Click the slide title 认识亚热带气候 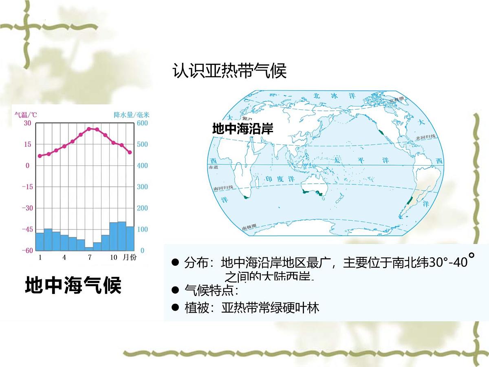[x=229, y=71]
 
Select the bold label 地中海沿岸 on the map [x=242, y=129]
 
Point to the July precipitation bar [x=89, y=248]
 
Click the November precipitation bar [x=122, y=236]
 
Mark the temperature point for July [x=89, y=128]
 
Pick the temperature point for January [x=40, y=156]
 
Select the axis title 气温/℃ [x=26, y=115]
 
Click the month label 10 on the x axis [x=114, y=258]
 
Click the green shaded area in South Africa [x=245, y=197]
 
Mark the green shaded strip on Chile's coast [x=410, y=202]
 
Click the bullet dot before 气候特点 [x=176, y=290]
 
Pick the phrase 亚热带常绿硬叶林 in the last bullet [x=270, y=307]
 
